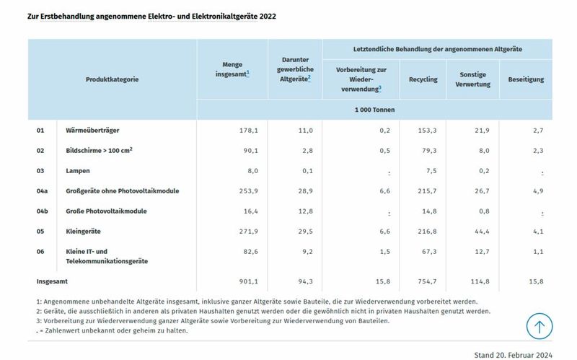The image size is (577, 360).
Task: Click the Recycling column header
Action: click(423, 79)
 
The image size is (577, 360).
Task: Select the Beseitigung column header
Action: click(526, 79)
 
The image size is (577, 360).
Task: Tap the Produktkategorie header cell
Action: click(112, 79)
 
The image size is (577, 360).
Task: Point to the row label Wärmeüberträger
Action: click(92, 131)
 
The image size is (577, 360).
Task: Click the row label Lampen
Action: click(79, 171)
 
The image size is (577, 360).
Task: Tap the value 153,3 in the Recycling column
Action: click(428, 131)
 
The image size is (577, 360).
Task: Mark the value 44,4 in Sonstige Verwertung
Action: click(482, 232)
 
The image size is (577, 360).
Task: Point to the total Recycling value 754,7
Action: click(428, 282)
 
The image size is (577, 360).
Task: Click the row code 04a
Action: click(43, 191)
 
